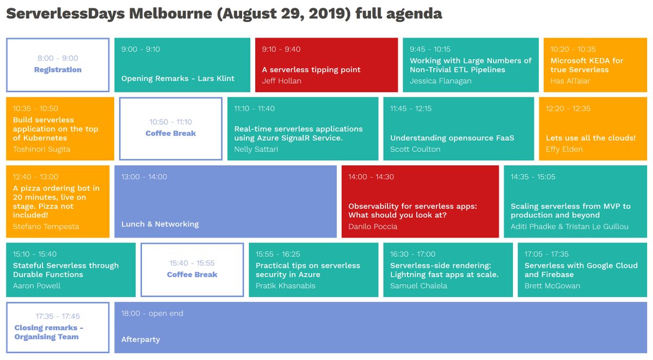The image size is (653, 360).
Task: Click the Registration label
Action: [58, 70]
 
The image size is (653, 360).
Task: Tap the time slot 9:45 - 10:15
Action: [430, 49]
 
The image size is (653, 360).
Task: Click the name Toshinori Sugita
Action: [41, 149]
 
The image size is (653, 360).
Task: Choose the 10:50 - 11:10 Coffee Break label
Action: [170, 133]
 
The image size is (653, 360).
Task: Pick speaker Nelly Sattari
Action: [256, 149]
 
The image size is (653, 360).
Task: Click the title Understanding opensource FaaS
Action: [452, 138]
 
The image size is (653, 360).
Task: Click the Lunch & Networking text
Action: [160, 224]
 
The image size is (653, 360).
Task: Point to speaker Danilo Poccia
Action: [373, 226]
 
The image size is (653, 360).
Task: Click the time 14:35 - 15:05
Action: [533, 177]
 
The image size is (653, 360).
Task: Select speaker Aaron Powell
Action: [36, 285]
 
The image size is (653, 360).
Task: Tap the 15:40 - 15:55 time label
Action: [192, 263]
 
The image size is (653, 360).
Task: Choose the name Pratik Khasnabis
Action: [285, 285]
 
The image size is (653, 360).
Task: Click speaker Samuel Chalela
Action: [418, 285]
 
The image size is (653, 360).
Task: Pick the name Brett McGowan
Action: [552, 285]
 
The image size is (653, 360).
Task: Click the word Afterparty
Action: [140, 339]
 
